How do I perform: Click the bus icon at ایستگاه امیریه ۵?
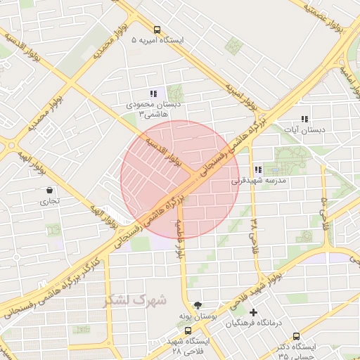click(x=156, y=30)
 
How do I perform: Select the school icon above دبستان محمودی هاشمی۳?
click(x=153, y=94)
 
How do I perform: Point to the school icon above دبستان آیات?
click(x=304, y=119)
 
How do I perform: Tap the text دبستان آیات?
click(x=304, y=130)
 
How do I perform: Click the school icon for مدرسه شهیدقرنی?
click(x=259, y=169)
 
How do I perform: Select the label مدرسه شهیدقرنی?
click(x=259, y=181)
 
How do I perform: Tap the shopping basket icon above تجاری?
click(x=49, y=190)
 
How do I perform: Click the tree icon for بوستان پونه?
click(x=198, y=305)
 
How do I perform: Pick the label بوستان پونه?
click(x=198, y=317)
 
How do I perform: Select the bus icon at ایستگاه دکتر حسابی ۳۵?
click(x=296, y=336)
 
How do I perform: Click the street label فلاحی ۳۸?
click(x=254, y=230)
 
